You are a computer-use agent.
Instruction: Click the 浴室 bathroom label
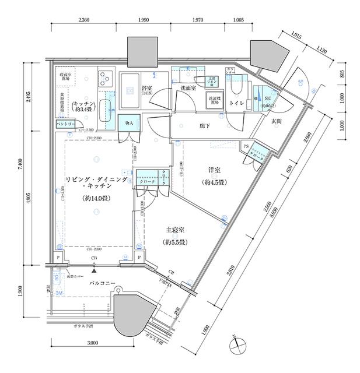click(147, 89)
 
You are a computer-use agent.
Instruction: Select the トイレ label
click(237, 103)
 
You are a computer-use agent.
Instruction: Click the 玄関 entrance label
click(277, 121)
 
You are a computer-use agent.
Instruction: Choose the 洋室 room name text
click(215, 170)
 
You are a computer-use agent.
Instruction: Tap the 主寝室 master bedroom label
click(174, 231)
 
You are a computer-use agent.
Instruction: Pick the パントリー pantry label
click(65, 125)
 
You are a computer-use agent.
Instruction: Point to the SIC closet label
click(268, 99)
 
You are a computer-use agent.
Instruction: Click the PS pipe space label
click(246, 147)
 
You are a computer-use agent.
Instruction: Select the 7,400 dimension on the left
click(19, 164)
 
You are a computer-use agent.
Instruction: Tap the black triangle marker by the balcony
click(94, 270)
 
